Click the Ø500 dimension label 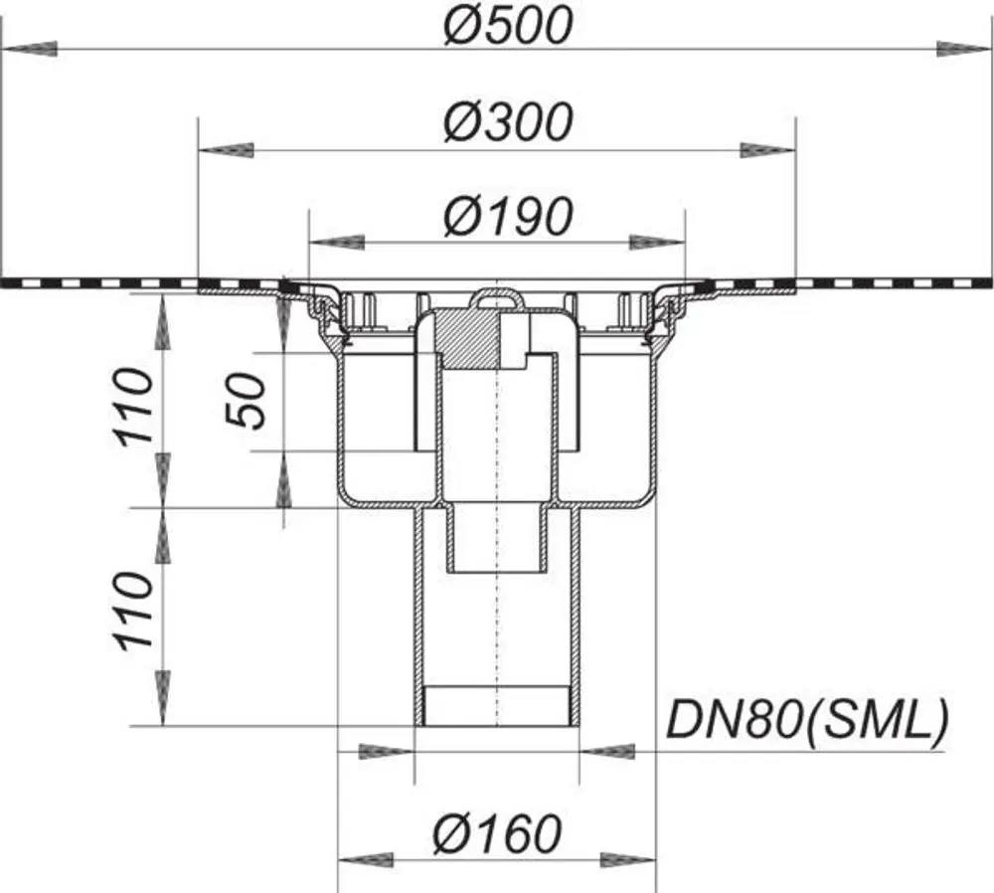pos(508,26)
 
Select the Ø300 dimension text pos(508,121)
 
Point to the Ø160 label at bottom pos(498,833)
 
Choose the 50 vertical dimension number pos(246,401)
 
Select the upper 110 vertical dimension pos(134,407)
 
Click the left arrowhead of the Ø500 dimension pos(30,49)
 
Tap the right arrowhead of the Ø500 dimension pos(963,49)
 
